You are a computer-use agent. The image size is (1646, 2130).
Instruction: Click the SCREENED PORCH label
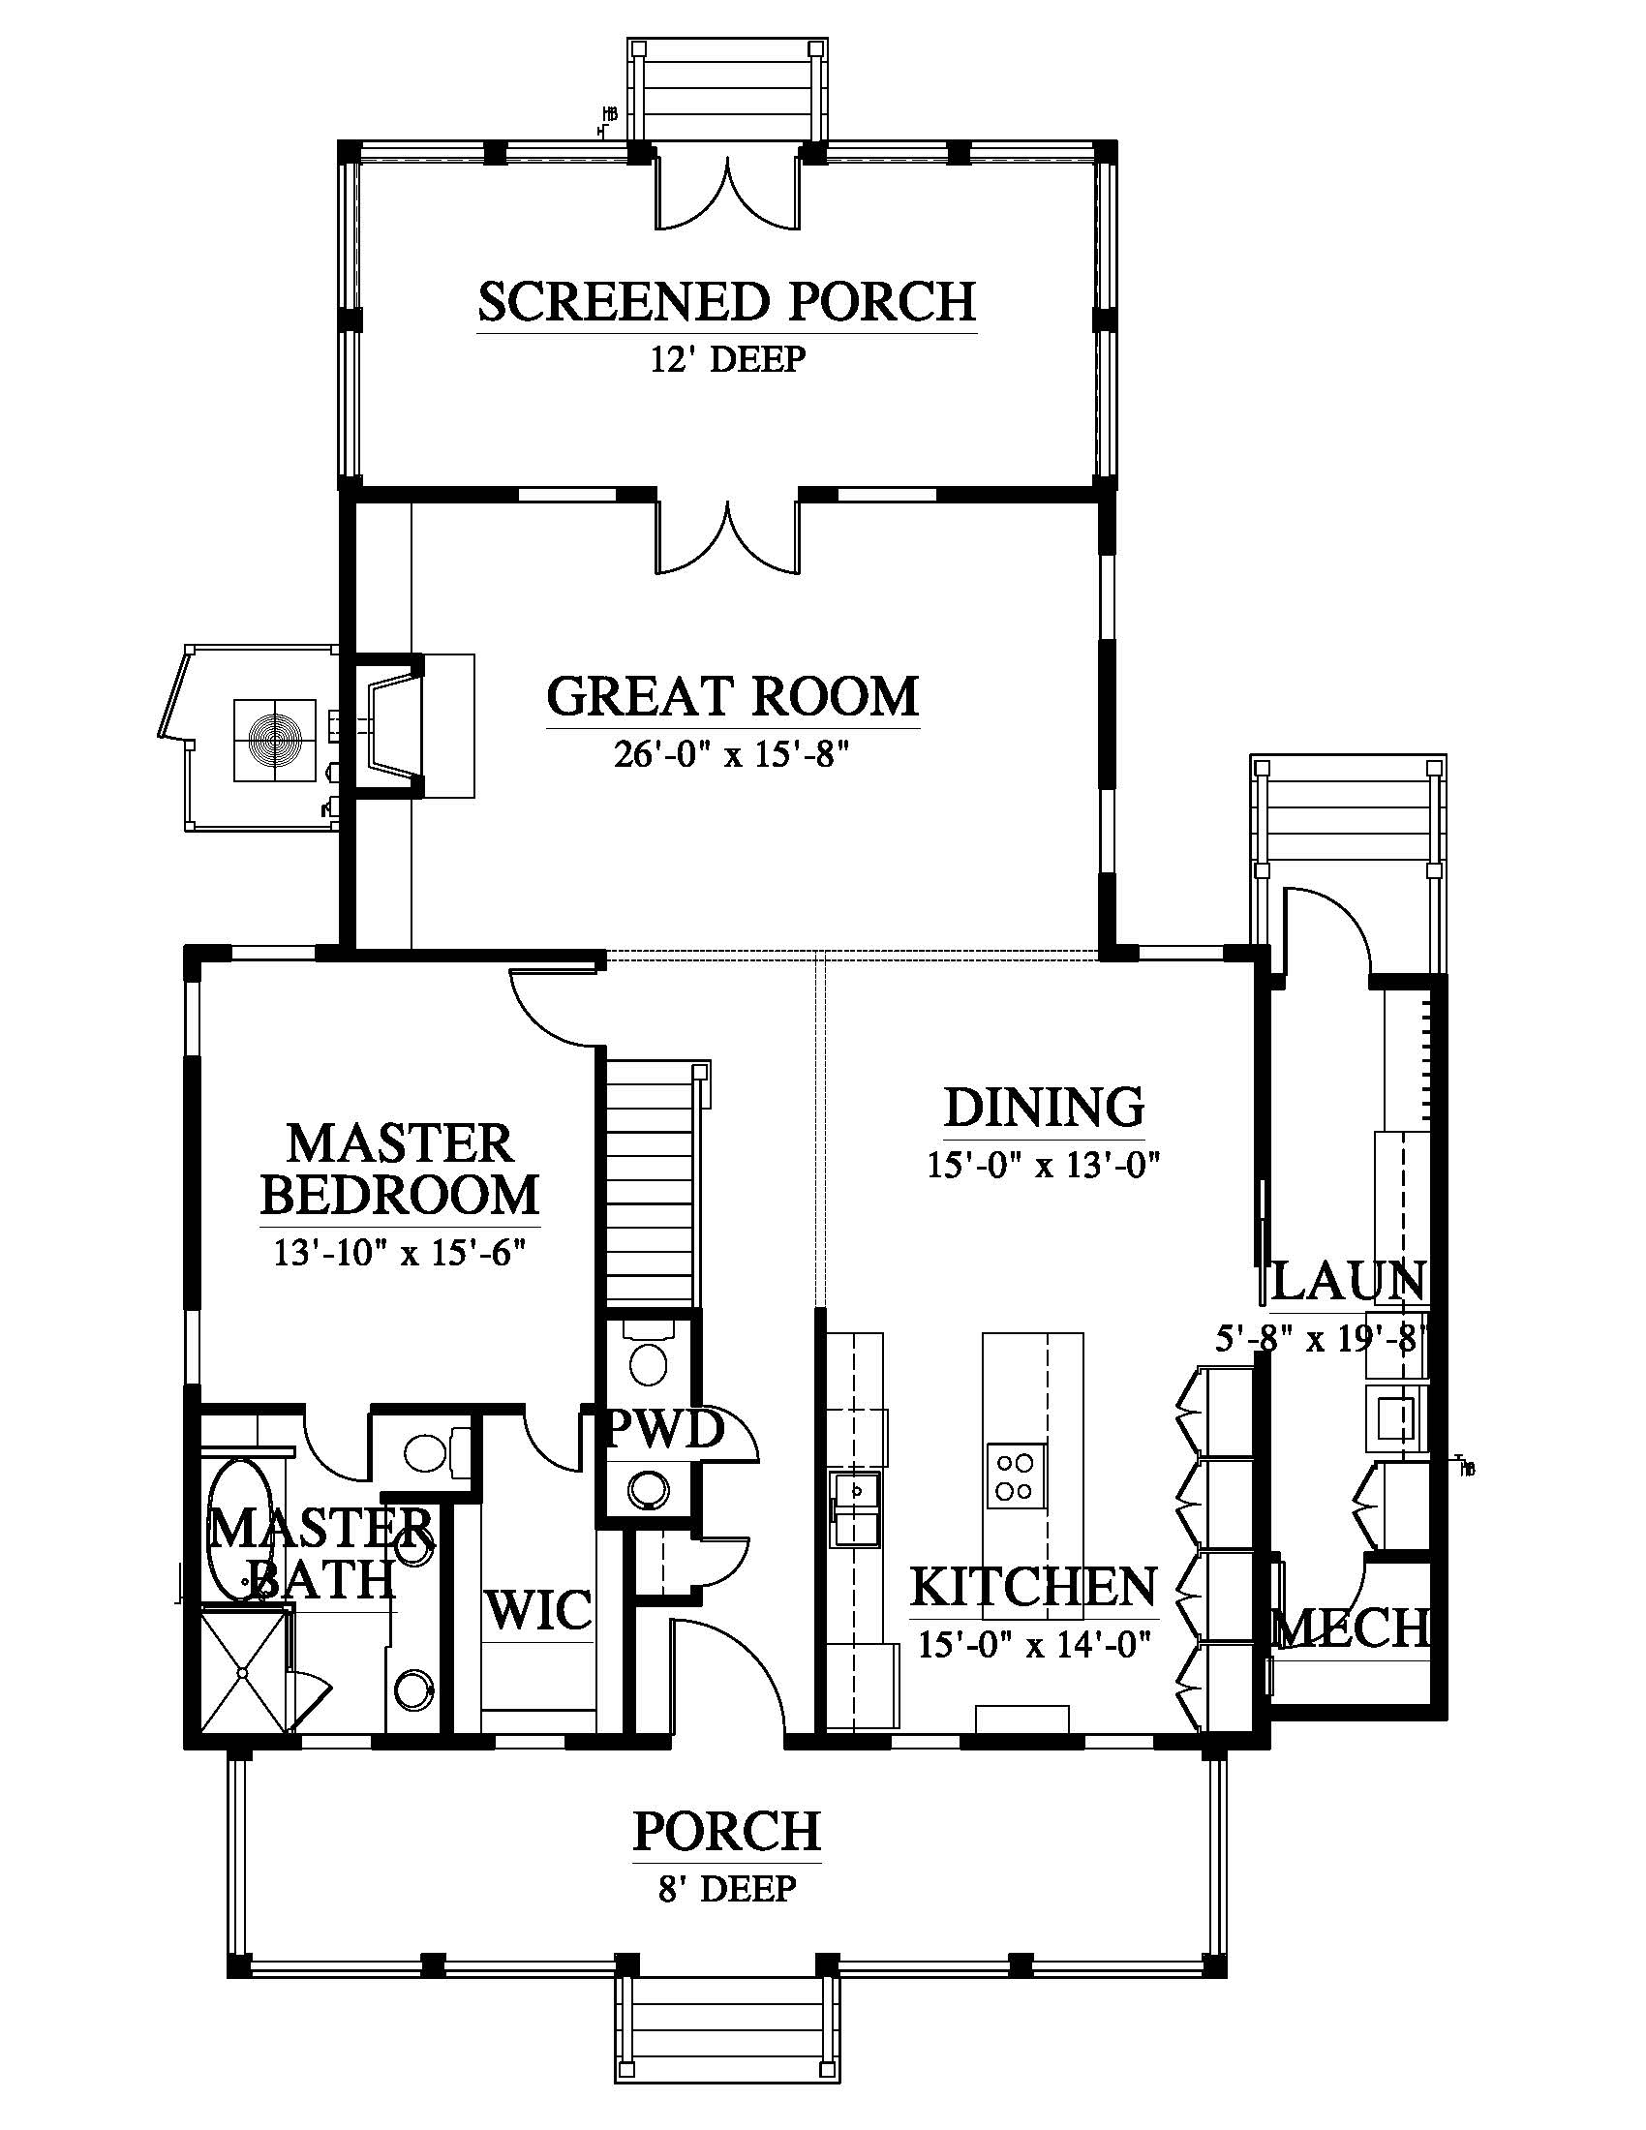click(726, 301)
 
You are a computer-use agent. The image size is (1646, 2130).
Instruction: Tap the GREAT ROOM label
click(732, 696)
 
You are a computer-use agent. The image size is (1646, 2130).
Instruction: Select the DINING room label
click(1044, 1107)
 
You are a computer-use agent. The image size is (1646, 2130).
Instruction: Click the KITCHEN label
click(1034, 1586)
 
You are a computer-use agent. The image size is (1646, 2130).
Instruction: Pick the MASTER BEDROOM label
click(400, 1169)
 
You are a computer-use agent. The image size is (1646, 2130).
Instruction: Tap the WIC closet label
click(539, 1609)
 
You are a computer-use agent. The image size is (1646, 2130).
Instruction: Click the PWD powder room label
click(666, 1430)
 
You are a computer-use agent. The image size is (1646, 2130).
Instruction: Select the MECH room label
click(1351, 1627)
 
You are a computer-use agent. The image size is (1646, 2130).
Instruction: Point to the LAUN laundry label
click(1349, 1281)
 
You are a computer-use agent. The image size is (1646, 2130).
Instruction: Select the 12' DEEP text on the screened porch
click(727, 359)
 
